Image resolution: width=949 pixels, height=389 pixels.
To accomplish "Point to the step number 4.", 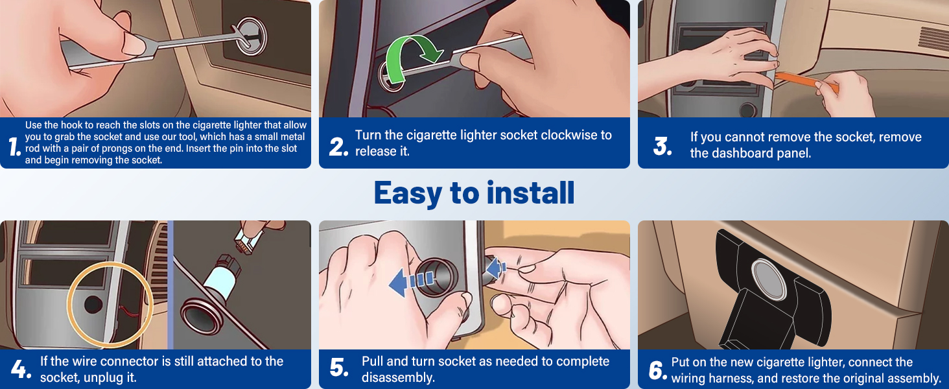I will click(21, 370).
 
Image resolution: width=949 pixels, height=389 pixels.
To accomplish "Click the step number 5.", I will click(339, 368).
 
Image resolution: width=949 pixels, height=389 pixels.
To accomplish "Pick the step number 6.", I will click(657, 371).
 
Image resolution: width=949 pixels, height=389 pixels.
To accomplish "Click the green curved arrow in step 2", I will click(408, 55).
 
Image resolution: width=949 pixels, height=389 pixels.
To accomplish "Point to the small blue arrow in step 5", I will click(497, 267).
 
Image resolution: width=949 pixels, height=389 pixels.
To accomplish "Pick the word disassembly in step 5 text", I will click(398, 377).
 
